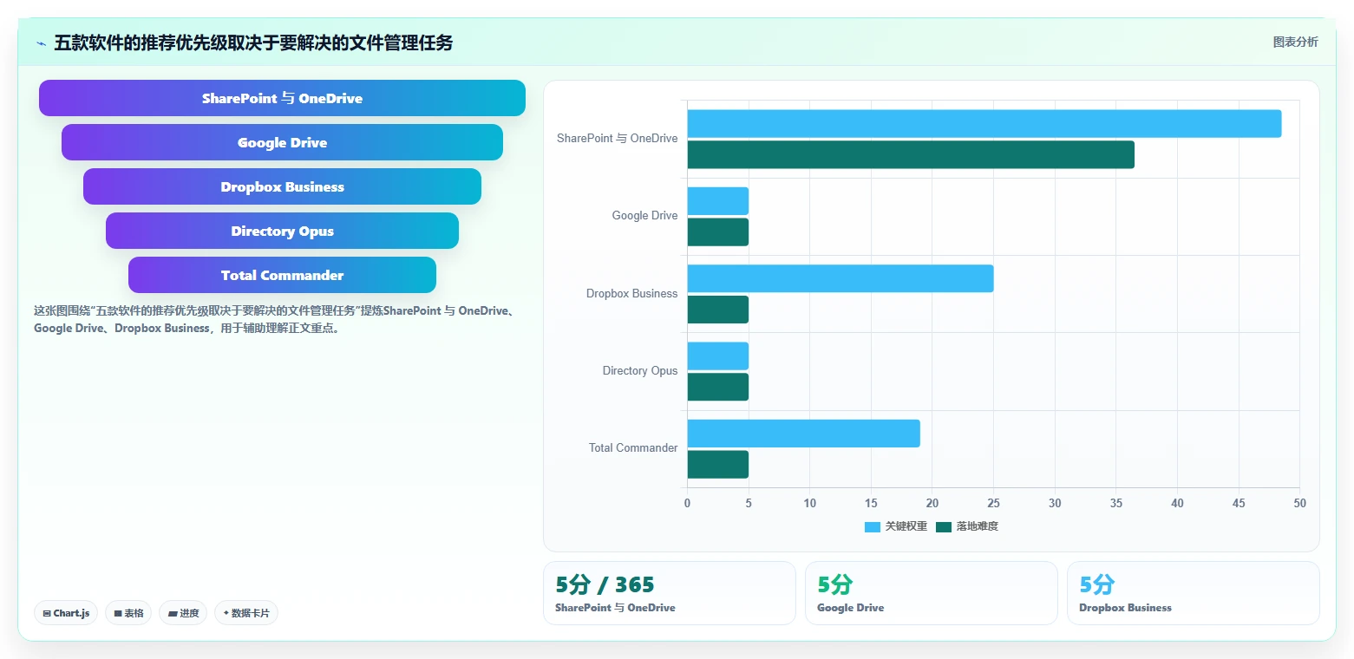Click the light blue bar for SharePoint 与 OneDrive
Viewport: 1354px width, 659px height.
click(x=984, y=124)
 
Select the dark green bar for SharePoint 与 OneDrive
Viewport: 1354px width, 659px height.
click(x=911, y=154)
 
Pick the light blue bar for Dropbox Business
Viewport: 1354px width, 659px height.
click(x=841, y=278)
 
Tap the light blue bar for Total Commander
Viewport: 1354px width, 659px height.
click(x=803, y=434)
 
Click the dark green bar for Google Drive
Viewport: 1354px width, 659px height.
click(x=718, y=232)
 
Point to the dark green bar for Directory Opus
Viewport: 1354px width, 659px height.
click(x=718, y=387)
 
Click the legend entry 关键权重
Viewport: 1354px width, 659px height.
click(x=896, y=526)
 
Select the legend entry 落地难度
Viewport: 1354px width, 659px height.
click(x=967, y=526)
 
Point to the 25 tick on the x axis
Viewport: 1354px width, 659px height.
click(x=993, y=503)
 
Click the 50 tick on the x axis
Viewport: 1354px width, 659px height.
click(x=1299, y=503)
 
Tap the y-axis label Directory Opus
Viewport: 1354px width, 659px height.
click(x=639, y=370)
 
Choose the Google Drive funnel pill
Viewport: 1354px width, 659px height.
click(x=282, y=142)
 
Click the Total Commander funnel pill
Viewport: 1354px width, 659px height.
click(x=282, y=275)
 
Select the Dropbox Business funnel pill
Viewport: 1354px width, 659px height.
click(x=282, y=186)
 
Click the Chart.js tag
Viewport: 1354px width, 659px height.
click(x=66, y=613)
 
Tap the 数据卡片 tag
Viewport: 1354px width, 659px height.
click(x=246, y=613)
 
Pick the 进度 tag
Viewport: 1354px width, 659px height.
click(x=183, y=613)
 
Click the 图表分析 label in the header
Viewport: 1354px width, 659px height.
click(x=1295, y=42)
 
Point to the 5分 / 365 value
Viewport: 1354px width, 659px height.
click(x=605, y=584)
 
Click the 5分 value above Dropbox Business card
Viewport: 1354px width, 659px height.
click(x=1096, y=584)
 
